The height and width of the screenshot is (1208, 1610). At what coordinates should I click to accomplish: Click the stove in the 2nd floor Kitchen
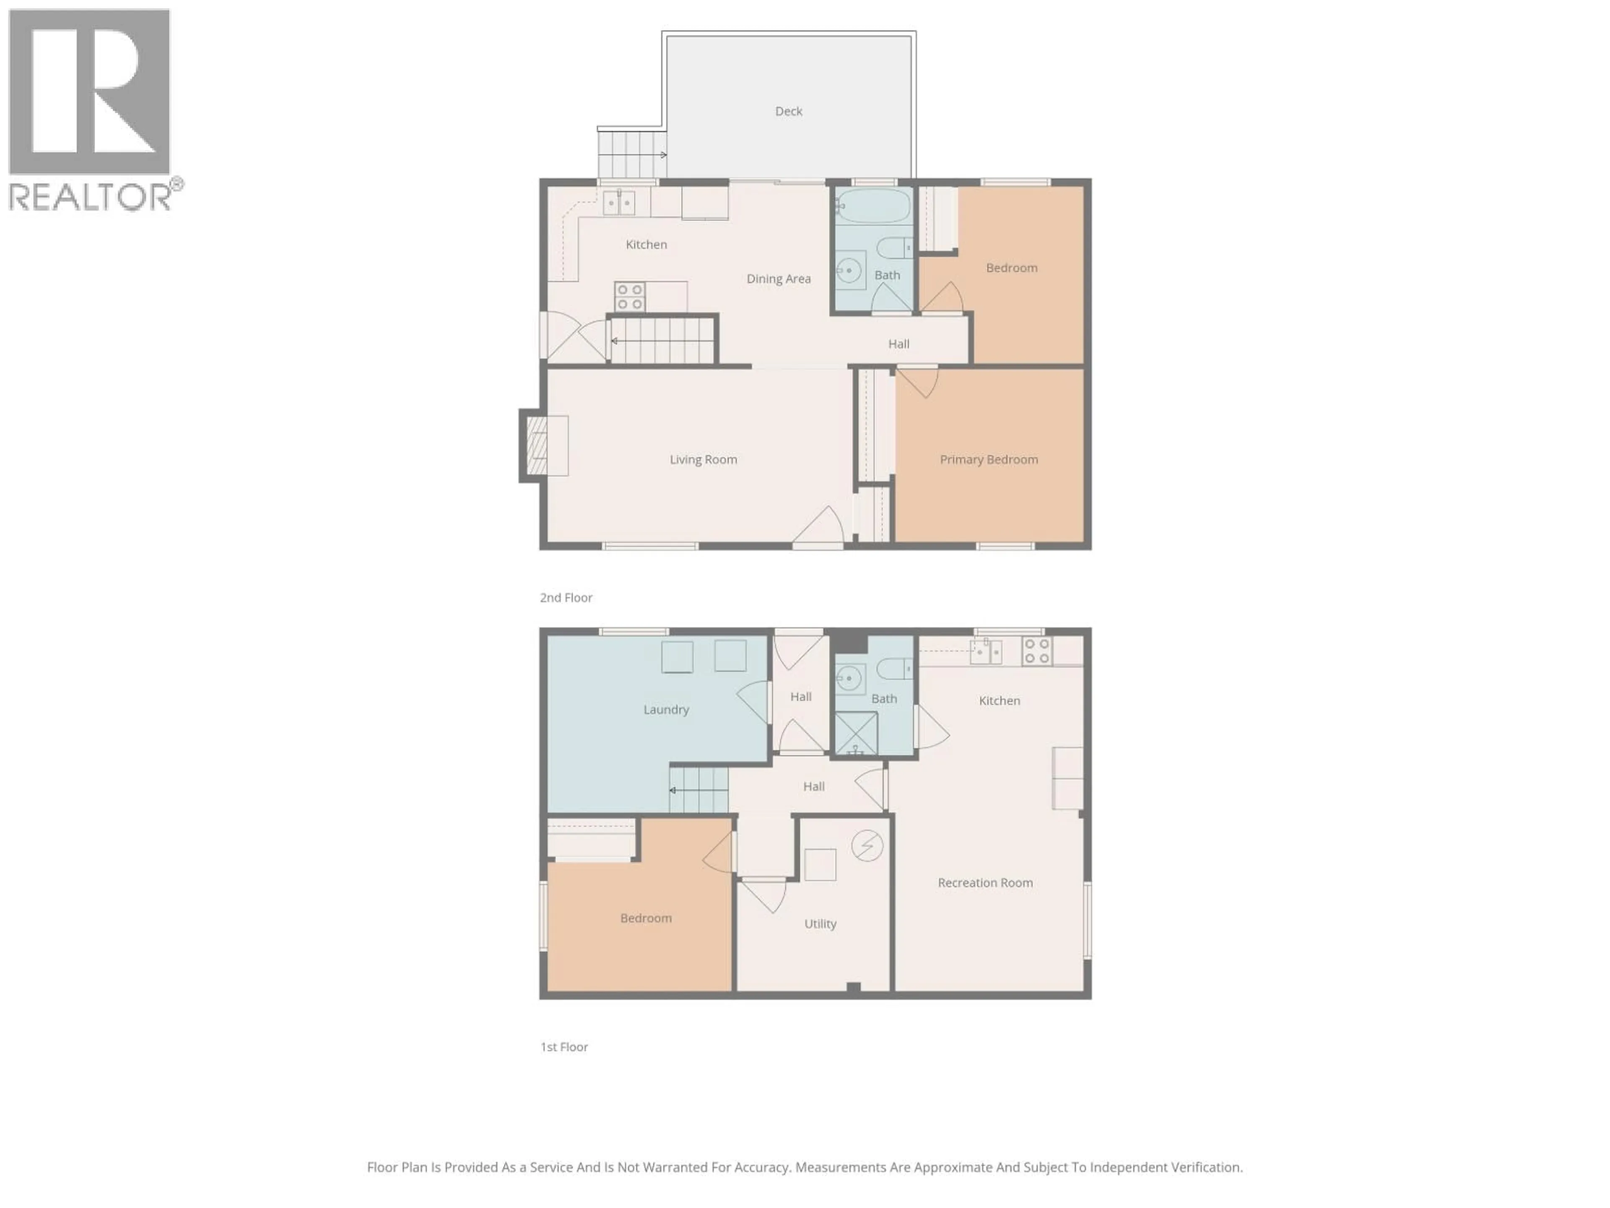tap(630, 297)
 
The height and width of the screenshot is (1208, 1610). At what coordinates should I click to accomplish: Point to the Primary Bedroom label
tap(988, 459)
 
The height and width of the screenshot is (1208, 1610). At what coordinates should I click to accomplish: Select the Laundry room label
tap(665, 709)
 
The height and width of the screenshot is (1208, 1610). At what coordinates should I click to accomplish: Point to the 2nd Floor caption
tap(566, 598)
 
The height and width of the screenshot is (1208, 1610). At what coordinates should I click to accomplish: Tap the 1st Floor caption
tap(563, 1047)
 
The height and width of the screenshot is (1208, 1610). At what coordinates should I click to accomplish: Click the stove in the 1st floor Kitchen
tap(1036, 651)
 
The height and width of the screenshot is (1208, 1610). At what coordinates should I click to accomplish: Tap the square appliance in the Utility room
tap(820, 864)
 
